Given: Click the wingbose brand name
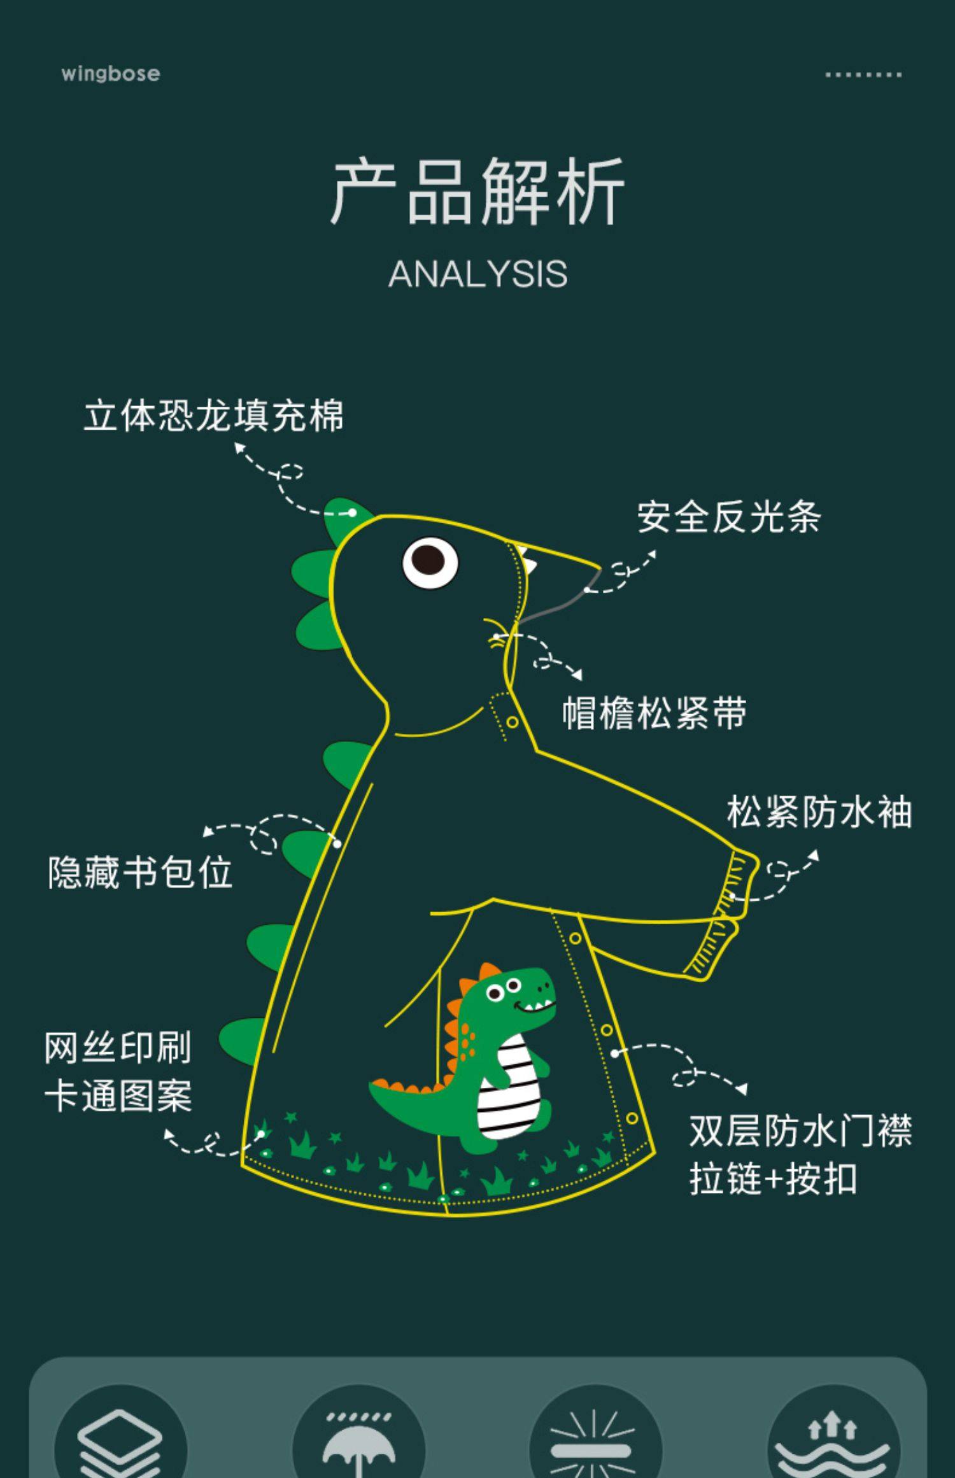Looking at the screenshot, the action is click(x=110, y=74).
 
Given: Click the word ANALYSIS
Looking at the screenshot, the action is click(x=478, y=274).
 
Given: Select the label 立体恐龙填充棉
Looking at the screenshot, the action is click(x=214, y=416).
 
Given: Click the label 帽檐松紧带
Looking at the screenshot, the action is click(x=654, y=712).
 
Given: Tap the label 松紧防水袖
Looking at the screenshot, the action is click(x=819, y=812).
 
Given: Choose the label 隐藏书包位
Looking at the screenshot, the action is click(x=140, y=872).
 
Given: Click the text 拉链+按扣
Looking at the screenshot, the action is click(x=773, y=1179).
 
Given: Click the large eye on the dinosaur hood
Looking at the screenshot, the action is click(x=430, y=563).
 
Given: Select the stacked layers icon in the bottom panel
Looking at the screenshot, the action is click(x=120, y=1446).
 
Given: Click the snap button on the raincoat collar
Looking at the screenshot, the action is click(x=512, y=722).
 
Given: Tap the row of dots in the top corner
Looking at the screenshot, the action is click(x=863, y=74).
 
